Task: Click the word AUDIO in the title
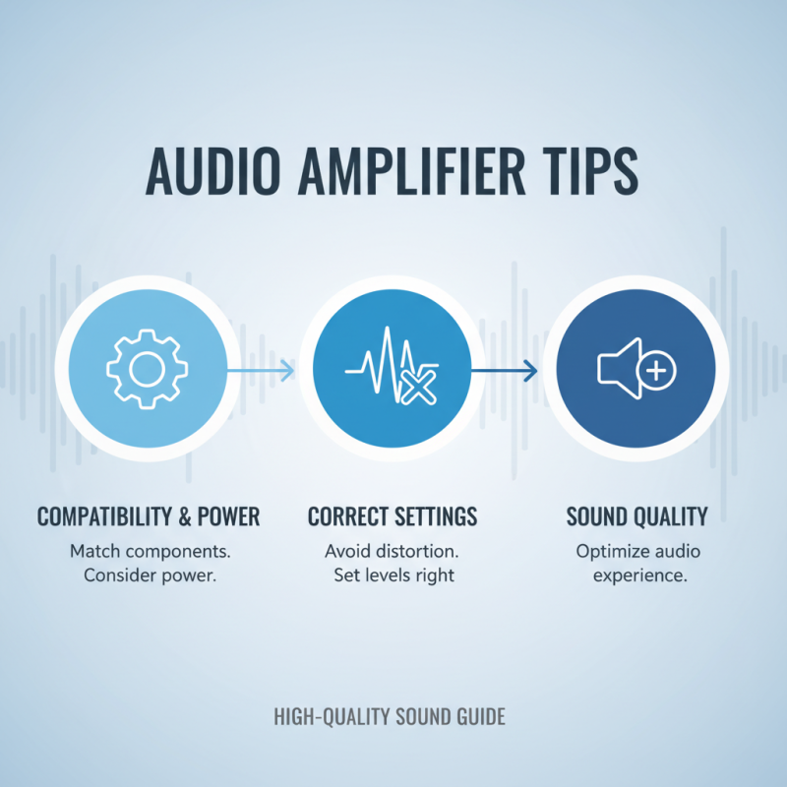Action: pos(212,171)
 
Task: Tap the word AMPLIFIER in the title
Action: pos(411,171)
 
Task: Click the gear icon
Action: pos(147,369)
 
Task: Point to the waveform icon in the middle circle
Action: pos(392,365)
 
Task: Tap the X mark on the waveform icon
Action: pos(419,388)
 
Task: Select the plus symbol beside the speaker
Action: pos(656,371)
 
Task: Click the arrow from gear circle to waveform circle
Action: pos(261,371)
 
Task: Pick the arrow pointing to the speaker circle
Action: pos(505,371)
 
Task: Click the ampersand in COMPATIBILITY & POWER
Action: pos(185,517)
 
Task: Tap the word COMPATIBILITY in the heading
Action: pos(104,517)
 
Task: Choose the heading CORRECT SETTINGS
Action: pos(393,517)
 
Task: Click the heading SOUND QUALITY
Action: pos(636,517)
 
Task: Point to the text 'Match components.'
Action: pos(151,552)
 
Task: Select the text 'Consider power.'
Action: pos(151,575)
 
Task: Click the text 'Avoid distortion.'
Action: pos(392,551)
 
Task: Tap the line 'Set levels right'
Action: pos(394,575)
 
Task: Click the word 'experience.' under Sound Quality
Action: pos(640,575)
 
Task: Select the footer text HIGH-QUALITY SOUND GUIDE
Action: pos(390,717)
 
